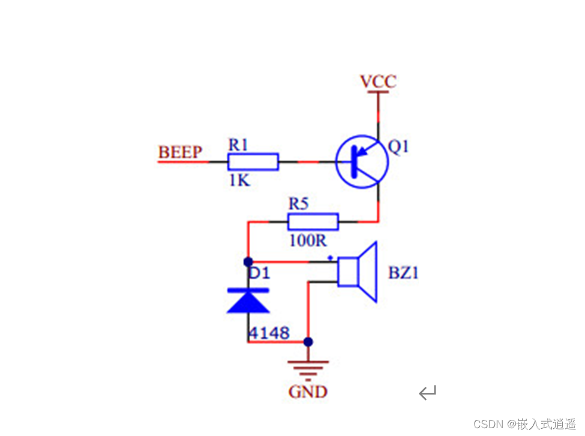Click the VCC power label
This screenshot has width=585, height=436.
[x=379, y=81]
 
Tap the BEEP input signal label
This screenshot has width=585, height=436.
[x=180, y=152]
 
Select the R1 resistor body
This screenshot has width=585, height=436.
[x=253, y=162]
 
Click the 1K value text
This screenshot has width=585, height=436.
[x=239, y=181]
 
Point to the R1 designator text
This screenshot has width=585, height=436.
[x=238, y=145]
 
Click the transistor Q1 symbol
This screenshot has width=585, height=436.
[x=362, y=161]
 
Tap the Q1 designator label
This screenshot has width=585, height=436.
[x=398, y=146]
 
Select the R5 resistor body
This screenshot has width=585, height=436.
[x=313, y=221]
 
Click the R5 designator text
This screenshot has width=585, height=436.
[x=298, y=204]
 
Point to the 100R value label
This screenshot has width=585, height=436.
[x=308, y=240]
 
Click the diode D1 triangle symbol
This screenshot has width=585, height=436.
[x=248, y=300]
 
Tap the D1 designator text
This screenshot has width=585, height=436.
[x=259, y=273]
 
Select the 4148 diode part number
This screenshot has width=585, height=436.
[x=269, y=333]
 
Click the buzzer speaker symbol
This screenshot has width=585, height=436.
[x=357, y=272]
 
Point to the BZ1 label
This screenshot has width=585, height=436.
[x=403, y=273]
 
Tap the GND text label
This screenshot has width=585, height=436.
[x=308, y=392]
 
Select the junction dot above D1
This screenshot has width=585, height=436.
[x=248, y=262]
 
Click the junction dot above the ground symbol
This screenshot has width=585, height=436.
[x=308, y=342]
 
